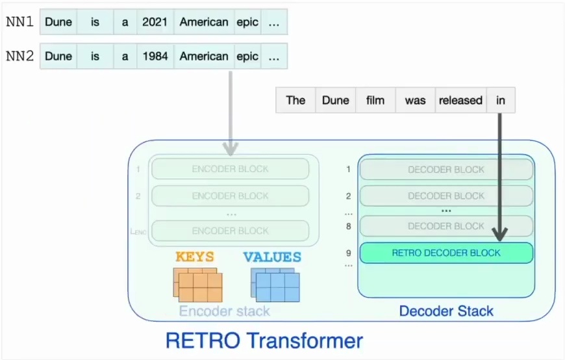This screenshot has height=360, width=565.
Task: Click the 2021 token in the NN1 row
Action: [x=155, y=22]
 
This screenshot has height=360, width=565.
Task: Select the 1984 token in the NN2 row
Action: [x=155, y=57]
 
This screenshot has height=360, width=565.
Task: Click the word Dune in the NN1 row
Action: [x=58, y=22]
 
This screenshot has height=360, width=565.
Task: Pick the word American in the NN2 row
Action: [x=204, y=57]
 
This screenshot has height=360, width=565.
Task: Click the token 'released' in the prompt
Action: [x=460, y=100]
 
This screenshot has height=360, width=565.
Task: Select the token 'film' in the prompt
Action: [x=375, y=100]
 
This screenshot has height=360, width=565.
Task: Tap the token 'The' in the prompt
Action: [x=295, y=100]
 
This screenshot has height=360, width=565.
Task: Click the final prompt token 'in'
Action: [x=501, y=100]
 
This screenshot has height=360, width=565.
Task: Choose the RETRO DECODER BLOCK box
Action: [x=446, y=253]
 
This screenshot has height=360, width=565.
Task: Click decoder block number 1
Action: [x=446, y=170]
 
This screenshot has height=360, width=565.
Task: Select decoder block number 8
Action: [x=446, y=226]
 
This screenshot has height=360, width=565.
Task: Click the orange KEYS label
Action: [x=195, y=257]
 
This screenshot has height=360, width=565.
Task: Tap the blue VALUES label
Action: [x=272, y=257]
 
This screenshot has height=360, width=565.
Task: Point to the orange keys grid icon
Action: [x=198, y=285]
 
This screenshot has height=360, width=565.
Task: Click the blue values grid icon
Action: [x=275, y=285]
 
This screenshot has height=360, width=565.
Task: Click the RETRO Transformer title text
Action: [x=264, y=340]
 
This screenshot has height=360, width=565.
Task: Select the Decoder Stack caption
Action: [x=446, y=311]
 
